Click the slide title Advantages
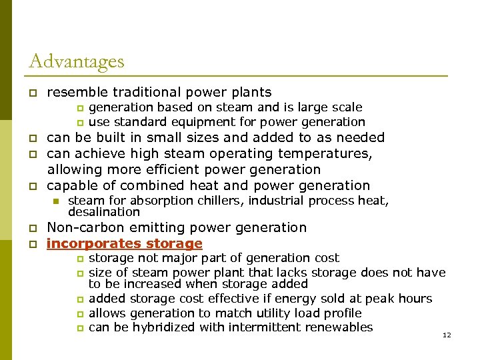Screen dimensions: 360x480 pyautogui.click(x=77, y=62)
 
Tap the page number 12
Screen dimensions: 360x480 pyautogui.click(x=447, y=335)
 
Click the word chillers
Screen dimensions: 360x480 pyautogui.click(x=206, y=201)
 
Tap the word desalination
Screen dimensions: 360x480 pyautogui.click(x=104, y=212)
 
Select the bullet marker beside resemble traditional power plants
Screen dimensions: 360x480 pyautogui.click(x=32, y=93)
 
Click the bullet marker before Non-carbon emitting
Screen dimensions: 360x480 pyautogui.click(x=32, y=228)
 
